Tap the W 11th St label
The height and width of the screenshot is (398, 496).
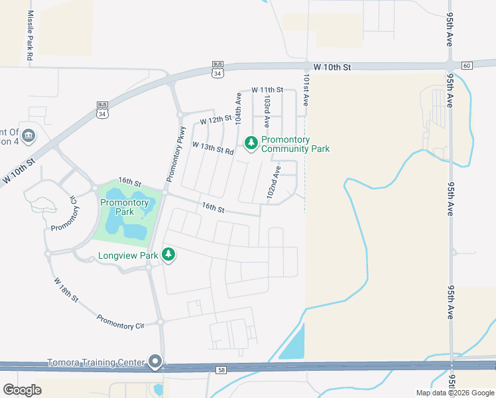(x=267, y=90)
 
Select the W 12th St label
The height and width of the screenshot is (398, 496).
(x=216, y=121)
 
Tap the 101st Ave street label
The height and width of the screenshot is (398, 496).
(x=306, y=90)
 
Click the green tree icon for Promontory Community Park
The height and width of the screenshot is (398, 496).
(x=251, y=143)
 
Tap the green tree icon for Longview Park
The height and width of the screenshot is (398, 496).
(x=168, y=254)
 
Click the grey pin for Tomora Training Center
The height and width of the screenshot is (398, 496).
(x=155, y=362)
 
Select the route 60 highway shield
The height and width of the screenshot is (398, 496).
(x=467, y=65)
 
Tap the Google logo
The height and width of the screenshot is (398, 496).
(x=22, y=390)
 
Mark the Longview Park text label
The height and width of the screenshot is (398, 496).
(x=128, y=255)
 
